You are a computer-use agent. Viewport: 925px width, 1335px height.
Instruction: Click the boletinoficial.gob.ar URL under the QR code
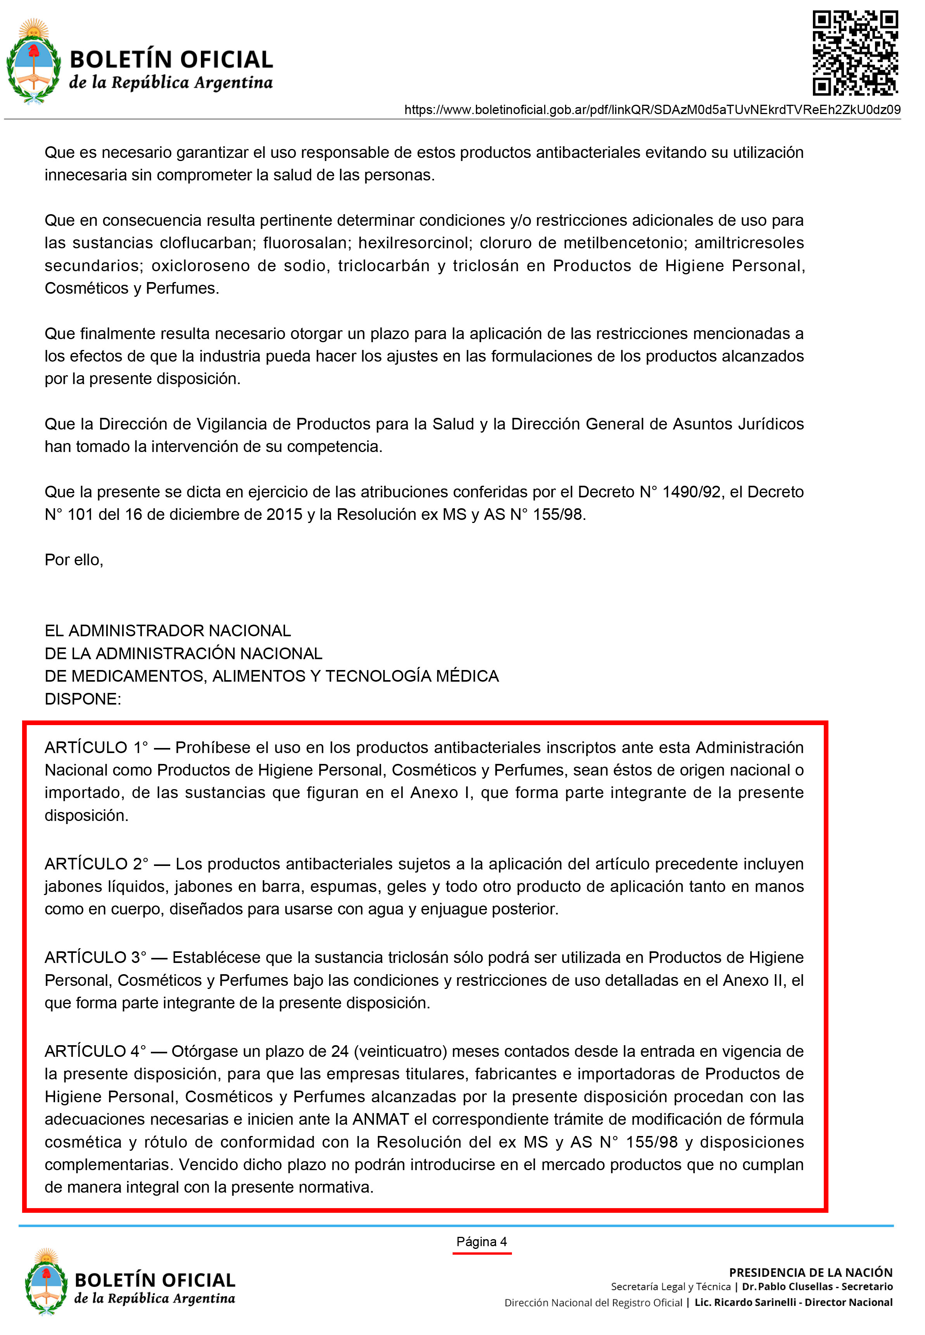pos(652,109)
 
